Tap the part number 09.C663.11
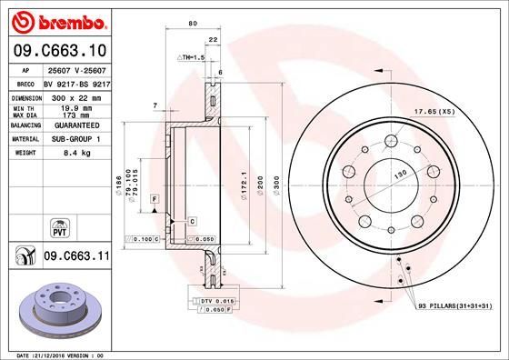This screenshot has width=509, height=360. coord(75,258)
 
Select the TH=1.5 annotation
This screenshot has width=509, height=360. coord(193,56)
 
